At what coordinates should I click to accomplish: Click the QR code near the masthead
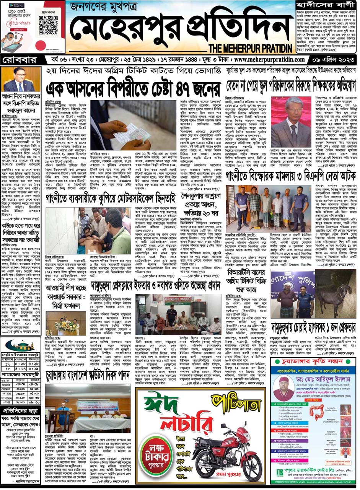click(48, 26)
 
